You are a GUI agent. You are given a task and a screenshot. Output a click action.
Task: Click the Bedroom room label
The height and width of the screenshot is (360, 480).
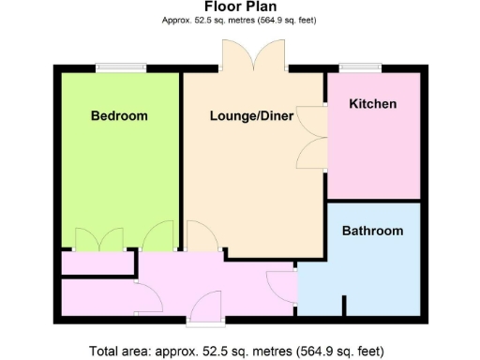(x=119, y=116)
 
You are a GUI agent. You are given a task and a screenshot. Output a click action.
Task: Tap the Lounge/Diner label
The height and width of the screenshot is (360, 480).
(x=251, y=116)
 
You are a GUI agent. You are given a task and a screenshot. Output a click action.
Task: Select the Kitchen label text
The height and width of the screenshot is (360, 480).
(x=372, y=104)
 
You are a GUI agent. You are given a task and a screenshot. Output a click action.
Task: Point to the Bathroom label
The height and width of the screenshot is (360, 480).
(x=372, y=231)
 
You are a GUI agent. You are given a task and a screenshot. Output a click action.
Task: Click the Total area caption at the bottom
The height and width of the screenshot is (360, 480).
(x=237, y=352)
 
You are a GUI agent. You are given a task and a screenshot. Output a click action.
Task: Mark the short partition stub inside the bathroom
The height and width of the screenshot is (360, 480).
(x=345, y=306)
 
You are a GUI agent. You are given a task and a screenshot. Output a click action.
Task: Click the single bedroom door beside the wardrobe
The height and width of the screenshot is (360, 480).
(x=159, y=236)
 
